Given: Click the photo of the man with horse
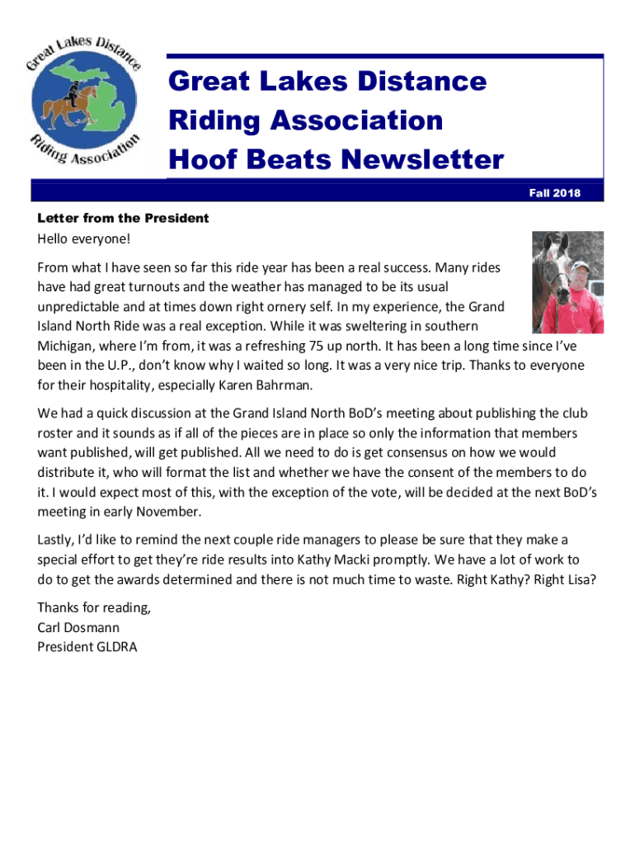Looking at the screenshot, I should point(567,282).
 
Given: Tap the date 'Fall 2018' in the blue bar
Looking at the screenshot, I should point(554,193).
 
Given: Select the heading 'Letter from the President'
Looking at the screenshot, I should point(123,219).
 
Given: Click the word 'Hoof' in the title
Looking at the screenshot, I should point(198,159).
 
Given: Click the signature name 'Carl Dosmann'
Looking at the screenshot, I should point(78,627).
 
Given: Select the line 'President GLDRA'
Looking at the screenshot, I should point(87,647).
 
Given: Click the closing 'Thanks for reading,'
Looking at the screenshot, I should point(94,608).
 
